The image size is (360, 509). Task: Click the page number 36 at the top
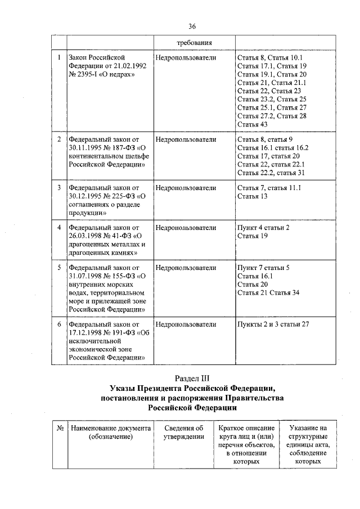192,26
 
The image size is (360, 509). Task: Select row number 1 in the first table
59,58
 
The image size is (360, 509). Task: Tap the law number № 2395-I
86,74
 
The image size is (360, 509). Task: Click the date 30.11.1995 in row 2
86,147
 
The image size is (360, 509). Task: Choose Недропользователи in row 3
186,188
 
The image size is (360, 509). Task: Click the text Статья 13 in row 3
253,196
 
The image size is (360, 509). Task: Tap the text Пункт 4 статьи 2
263,228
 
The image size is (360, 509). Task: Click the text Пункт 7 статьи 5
263,268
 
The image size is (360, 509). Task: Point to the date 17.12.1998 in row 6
86,333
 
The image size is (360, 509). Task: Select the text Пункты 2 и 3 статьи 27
273,325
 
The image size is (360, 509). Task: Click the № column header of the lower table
59,429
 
